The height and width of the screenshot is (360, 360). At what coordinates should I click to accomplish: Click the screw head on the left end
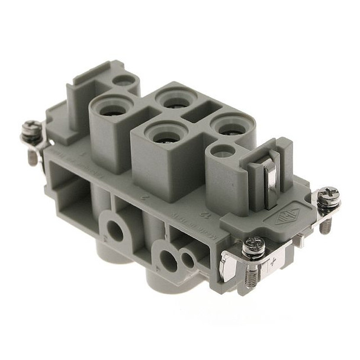(x=31, y=128)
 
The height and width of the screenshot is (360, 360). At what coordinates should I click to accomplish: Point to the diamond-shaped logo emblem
(x=288, y=211)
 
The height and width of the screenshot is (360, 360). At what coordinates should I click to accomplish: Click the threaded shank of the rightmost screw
(x=324, y=223)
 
